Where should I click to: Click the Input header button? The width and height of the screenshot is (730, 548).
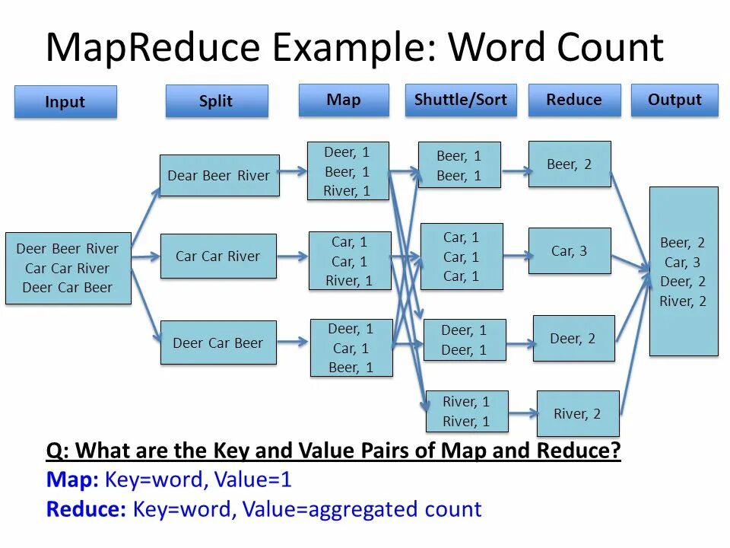pyautogui.click(x=65, y=102)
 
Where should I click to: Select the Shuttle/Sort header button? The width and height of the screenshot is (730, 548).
pyautogui.click(x=460, y=100)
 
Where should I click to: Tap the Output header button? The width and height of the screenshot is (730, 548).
pyautogui.click(x=674, y=100)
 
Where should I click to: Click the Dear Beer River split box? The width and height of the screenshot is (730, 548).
pyautogui.click(x=219, y=175)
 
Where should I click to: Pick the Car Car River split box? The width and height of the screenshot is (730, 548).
pyautogui.click(x=218, y=256)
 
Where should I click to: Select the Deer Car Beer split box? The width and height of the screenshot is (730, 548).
pyautogui.click(x=218, y=342)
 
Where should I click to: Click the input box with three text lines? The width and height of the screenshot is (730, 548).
pyautogui.click(x=68, y=268)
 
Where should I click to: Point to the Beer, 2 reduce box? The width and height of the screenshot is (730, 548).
pyautogui.click(x=570, y=164)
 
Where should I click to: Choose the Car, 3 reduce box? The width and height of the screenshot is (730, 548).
pyautogui.click(x=570, y=250)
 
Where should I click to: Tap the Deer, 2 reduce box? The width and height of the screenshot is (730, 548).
pyautogui.click(x=573, y=338)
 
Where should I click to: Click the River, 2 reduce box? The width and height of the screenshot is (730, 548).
pyautogui.click(x=578, y=413)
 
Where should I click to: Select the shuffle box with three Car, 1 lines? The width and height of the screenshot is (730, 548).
pyautogui.click(x=462, y=256)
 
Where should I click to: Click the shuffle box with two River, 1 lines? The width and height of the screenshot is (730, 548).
pyautogui.click(x=466, y=411)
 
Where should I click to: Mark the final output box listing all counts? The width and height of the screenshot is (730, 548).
pyautogui.click(x=684, y=272)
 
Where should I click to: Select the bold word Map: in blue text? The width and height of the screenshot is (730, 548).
pyautogui.click(x=72, y=479)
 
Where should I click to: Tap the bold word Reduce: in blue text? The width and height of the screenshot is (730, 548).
pyautogui.click(x=86, y=509)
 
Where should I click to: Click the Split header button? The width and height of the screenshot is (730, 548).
pyautogui.click(x=217, y=101)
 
